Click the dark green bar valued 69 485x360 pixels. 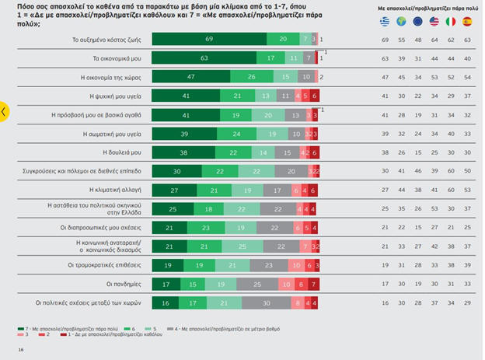pyautogui.click(x=209, y=39)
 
